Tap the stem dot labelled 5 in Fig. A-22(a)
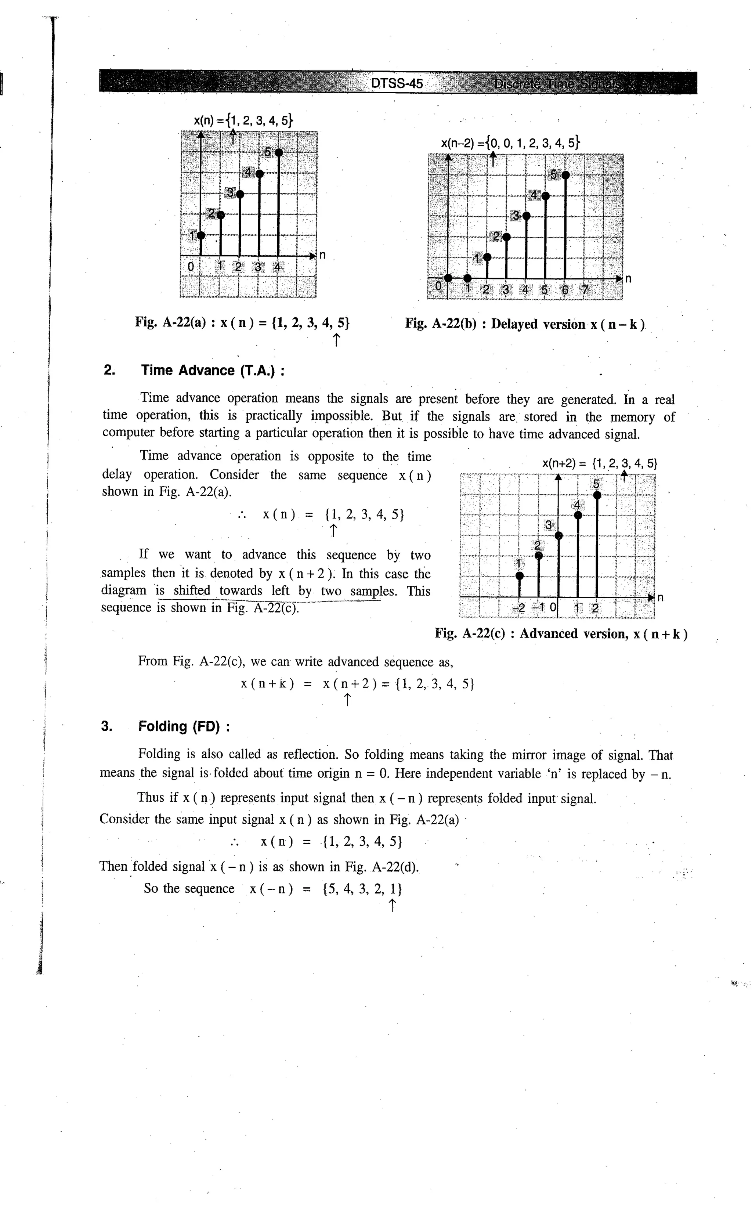279,152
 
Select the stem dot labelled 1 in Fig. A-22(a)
201,235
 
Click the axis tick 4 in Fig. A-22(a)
277,267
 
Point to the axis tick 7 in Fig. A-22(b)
585,289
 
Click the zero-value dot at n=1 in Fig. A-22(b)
467,278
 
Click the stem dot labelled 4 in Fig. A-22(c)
578,515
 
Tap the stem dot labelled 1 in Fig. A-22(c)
519,575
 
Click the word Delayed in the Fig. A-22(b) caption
515,324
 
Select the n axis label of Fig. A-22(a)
322,255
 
